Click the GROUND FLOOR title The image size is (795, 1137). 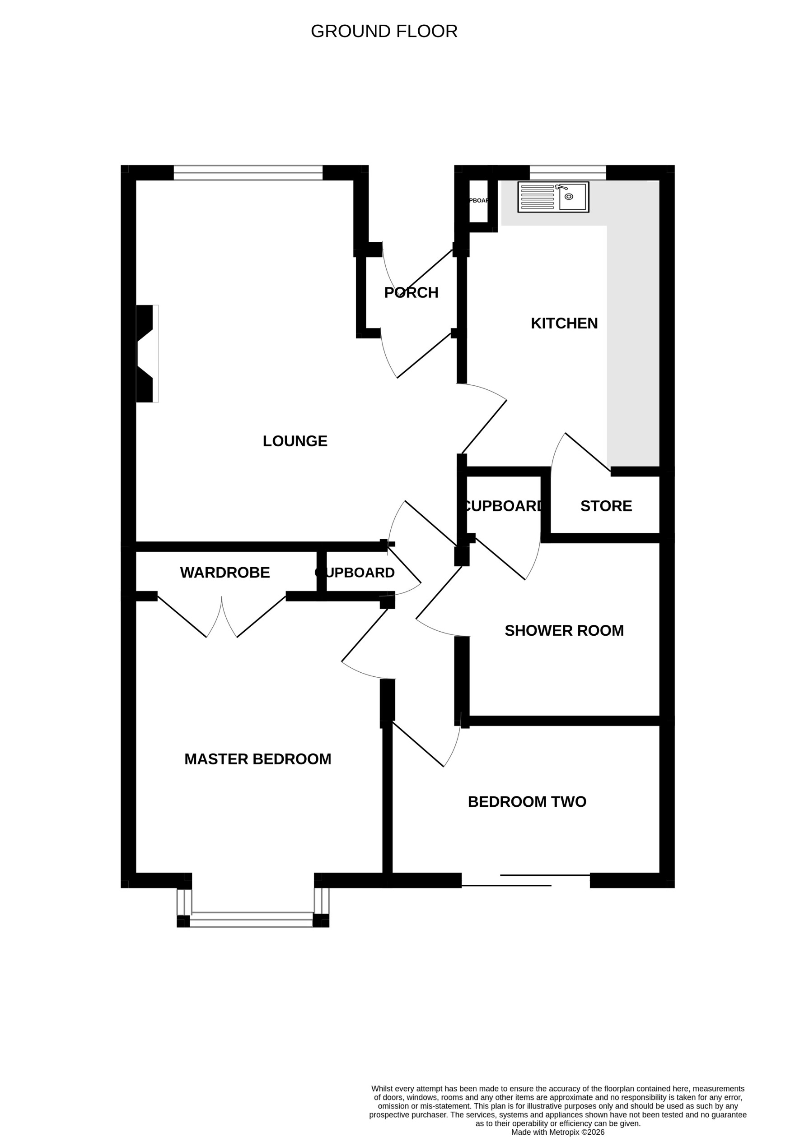(x=383, y=31)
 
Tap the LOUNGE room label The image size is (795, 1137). (x=295, y=441)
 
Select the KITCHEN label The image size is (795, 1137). (x=564, y=323)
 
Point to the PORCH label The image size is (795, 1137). (x=411, y=293)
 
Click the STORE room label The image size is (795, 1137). (x=606, y=506)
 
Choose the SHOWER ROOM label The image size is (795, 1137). (x=564, y=630)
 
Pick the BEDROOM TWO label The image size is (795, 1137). (x=527, y=801)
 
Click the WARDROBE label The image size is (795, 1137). (x=224, y=573)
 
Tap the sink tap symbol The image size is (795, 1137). (x=561, y=187)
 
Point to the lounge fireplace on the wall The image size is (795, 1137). (x=147, y=354)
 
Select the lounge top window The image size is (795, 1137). (x=248, y=172)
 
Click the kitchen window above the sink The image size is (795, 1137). (x=567, y=172)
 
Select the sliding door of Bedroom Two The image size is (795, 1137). (x=525, y=880)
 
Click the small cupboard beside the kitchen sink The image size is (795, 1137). (x=478, y=201)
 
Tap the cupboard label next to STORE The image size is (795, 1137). (x=503, y=506)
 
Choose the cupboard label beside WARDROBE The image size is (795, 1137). (x=355, y=573)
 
